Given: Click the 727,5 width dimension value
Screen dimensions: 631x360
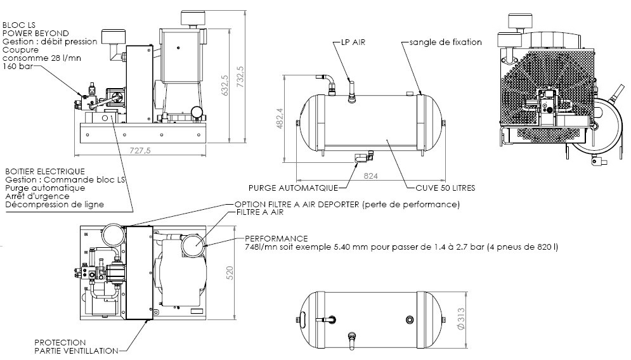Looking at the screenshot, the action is (140, 150).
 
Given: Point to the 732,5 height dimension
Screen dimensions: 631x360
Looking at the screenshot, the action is (240, 77).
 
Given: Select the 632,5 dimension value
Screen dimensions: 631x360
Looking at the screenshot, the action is (225, 86).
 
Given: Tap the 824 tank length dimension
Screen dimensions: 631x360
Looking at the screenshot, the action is (370, 176).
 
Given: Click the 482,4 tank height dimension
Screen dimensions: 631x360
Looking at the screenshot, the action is (280, 119).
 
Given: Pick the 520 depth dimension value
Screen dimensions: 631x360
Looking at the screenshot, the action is (230, 273).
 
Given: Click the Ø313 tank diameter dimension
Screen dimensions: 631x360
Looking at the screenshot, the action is (461, 319).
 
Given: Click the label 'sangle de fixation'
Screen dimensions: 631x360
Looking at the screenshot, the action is (445, 42).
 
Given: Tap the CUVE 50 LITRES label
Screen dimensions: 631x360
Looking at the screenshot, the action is (445, 188).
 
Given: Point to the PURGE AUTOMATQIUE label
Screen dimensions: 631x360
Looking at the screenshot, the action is (293, 188).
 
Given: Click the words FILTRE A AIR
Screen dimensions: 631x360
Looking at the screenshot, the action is (260, 212).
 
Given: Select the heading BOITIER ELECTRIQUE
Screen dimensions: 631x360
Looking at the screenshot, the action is (45, 172).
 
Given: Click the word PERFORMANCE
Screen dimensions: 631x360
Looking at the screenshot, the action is (276, 238).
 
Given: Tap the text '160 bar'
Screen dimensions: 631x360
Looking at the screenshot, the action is (18, 67).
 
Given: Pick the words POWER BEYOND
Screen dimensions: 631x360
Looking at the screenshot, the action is (36, 34).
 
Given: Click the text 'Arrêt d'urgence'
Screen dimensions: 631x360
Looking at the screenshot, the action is (37, 196).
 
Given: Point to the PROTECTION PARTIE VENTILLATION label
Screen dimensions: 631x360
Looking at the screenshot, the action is (76, 347).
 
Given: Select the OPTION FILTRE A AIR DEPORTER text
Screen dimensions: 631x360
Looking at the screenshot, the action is (347, 204).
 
